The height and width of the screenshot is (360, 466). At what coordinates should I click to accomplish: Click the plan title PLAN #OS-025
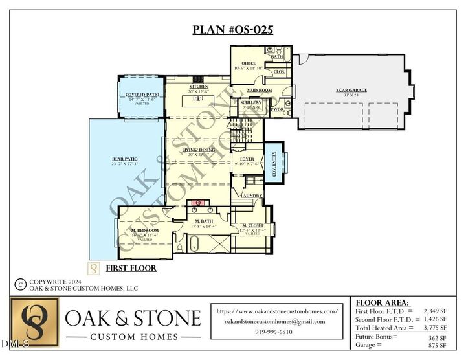(232, 30)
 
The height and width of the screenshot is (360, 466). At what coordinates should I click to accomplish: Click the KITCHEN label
(198, 87)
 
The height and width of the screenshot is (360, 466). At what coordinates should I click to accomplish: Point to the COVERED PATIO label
(142, 95)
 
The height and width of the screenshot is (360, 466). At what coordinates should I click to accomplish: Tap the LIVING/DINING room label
(198, 150)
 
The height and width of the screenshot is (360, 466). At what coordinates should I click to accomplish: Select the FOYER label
(247, 159)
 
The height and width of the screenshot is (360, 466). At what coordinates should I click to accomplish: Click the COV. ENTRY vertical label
(274, 164)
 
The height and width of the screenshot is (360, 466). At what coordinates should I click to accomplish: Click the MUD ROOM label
(259, 90)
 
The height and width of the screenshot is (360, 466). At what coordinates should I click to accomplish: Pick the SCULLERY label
(250, 102)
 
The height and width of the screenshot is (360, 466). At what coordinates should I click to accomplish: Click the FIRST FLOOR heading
(131, 267)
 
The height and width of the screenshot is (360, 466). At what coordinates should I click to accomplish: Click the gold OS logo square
(34, 322)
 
